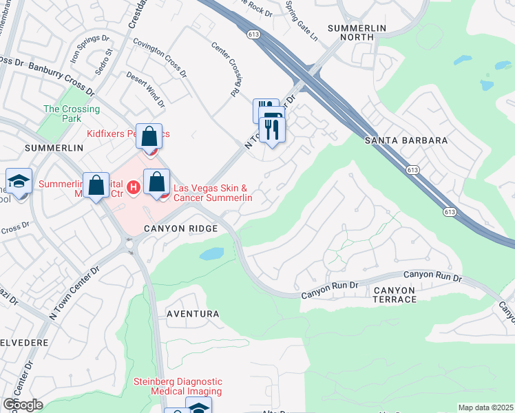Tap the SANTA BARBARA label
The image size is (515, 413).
pos(406,140)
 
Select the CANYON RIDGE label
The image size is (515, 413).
pos(181,228)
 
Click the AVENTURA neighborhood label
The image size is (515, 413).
pos(193,314)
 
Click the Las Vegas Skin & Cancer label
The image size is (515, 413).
pos(212,193)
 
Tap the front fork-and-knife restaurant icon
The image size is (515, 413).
pos(273,129)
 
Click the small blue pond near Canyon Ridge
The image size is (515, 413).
pos(212,254)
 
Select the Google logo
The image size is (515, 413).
pos(23,405)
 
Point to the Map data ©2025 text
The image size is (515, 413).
pos(485,407)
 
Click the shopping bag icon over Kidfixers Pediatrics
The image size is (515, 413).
pos(149,136)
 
